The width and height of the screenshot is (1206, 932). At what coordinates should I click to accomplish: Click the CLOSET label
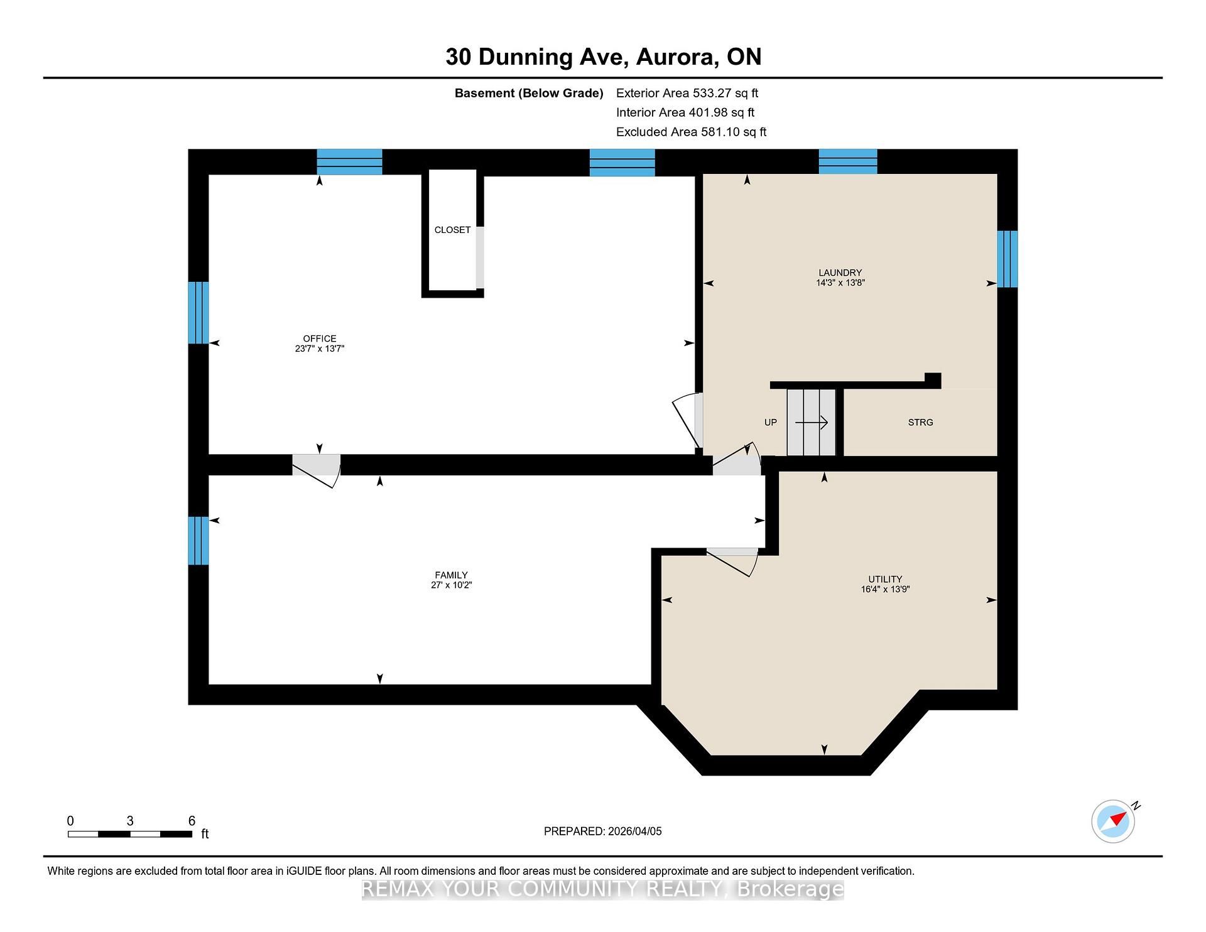(452, 230)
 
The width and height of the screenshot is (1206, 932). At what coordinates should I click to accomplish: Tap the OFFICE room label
(320, 339)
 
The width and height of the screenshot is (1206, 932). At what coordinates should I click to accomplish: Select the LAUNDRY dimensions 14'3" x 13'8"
(840, 283)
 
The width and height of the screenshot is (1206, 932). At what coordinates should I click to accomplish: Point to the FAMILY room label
(451, 575)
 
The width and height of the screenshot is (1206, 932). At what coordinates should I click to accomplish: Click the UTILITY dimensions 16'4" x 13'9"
(885, 589)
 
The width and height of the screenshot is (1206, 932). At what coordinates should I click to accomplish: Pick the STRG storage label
(920, 422)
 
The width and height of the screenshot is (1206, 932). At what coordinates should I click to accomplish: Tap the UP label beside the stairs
(771, 422)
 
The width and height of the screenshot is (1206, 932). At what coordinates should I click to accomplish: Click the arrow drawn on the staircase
(812, 422)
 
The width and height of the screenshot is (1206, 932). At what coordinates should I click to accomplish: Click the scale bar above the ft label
(130, 834)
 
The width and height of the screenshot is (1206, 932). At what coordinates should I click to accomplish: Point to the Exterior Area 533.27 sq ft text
(687, 93)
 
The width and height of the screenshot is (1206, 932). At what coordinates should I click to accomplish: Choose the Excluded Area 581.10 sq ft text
(691, 132)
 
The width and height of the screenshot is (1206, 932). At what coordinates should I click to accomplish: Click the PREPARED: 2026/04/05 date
(603, 831)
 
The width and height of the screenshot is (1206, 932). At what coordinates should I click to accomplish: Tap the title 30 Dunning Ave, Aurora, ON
(603, 57)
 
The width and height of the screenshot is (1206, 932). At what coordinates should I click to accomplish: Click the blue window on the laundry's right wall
(1008, 259)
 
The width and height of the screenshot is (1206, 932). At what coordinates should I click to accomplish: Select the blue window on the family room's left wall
(198, 541)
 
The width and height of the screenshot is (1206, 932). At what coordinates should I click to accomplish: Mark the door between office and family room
(317, 470)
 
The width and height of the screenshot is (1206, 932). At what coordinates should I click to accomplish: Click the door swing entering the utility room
(732, 561)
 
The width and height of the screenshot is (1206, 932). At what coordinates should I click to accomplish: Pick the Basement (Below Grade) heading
(529, 93)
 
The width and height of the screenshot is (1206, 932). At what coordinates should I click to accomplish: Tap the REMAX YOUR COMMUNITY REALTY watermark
(603, 889)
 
